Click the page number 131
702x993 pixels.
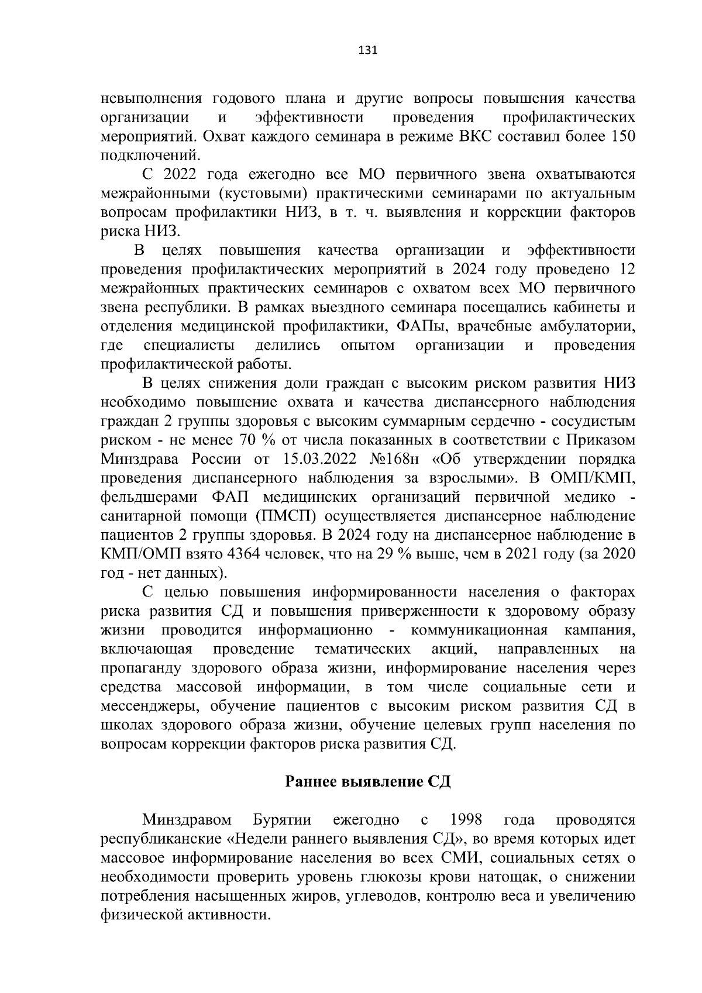[x=367, y=50]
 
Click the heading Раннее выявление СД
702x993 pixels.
[x=367, y=782]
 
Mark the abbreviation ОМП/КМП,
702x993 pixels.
[x=593, y=478]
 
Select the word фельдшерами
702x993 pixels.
[x=149, y=498]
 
